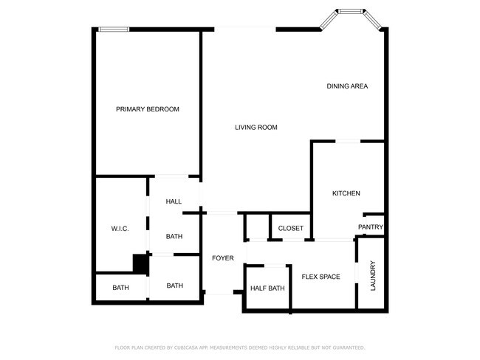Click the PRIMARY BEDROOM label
[x=148, y=109]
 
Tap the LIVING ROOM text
[x=256, y=128]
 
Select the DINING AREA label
[x=347, y=86]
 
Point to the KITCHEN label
[x=346, y=193]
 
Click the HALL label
[x=174, y=201]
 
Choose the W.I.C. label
[x=120, y=229]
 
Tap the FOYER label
[x=222, y=258]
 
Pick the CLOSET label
[x=290, y=229]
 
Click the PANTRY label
[x=370, y=227]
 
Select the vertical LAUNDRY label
[x=373, y=274]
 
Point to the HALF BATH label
[x=267, y=288]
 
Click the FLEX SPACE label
[x=320, y=277]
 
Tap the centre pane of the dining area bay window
[x=350, y=11]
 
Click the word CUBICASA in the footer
[x=188, y=347]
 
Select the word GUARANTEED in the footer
[x=347, y=347]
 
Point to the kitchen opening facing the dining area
[x=348, y=141]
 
